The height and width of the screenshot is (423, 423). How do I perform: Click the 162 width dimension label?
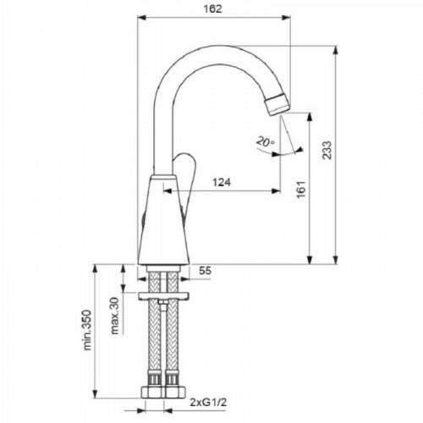(213, 9)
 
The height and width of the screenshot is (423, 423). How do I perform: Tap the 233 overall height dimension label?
(327, 150)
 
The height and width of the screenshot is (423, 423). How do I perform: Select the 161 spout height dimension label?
(301, 190)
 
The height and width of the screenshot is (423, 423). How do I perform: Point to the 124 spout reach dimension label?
(222, 182)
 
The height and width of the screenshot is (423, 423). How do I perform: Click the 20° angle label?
(265, 141)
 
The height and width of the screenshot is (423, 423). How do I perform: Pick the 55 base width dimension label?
(205, 271)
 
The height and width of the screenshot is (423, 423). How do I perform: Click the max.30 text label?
(114, 316)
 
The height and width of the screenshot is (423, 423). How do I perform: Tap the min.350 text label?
(87, 330)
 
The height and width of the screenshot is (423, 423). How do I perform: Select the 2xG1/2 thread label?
(208, 403)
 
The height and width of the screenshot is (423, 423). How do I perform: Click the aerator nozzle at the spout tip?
(278, 105)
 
